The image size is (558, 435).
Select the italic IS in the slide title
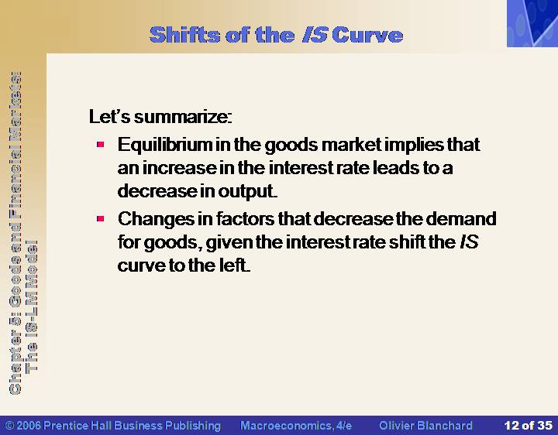click(315, 35)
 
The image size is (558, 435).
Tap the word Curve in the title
click(367, 35)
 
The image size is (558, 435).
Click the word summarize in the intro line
click(183, 117)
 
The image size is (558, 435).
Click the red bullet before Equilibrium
click(100, 144)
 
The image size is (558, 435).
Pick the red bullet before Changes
click(100, 218)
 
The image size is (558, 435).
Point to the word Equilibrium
click(165, 145)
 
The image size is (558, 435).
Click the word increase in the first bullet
click(179, 168)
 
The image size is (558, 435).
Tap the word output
click(247, 192)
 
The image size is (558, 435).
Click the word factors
click(245, 218)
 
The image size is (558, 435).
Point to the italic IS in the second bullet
click(469, 242)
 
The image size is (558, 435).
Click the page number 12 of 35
click(528, 426)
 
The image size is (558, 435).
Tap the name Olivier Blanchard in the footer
click(425, 426)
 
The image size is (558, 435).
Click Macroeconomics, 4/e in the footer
click(296, 426)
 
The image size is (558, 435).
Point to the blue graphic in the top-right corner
click(532, 23)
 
